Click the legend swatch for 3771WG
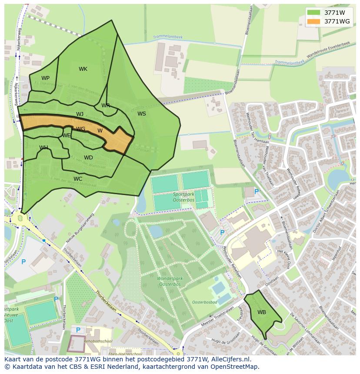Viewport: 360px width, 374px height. pos(313,21)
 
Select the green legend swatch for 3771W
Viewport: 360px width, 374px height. pos(313,13)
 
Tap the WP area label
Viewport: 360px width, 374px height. pos(45,78)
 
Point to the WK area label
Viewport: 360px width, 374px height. pos(83,69)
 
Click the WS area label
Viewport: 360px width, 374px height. pos(142,114)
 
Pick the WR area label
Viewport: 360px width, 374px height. pos(106,106)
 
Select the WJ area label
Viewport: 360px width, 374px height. pos(80,114)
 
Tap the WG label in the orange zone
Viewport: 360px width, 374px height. pos(80,129)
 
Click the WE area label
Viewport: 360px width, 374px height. pos(66,136)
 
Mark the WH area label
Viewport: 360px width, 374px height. pos(43,148)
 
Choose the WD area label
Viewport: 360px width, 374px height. pos(88,158)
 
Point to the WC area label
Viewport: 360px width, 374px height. pos(78,179)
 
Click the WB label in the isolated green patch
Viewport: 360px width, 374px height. pos(261,312)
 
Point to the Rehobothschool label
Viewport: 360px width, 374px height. pos(99,341)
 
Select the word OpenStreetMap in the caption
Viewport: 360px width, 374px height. pos(237,367)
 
